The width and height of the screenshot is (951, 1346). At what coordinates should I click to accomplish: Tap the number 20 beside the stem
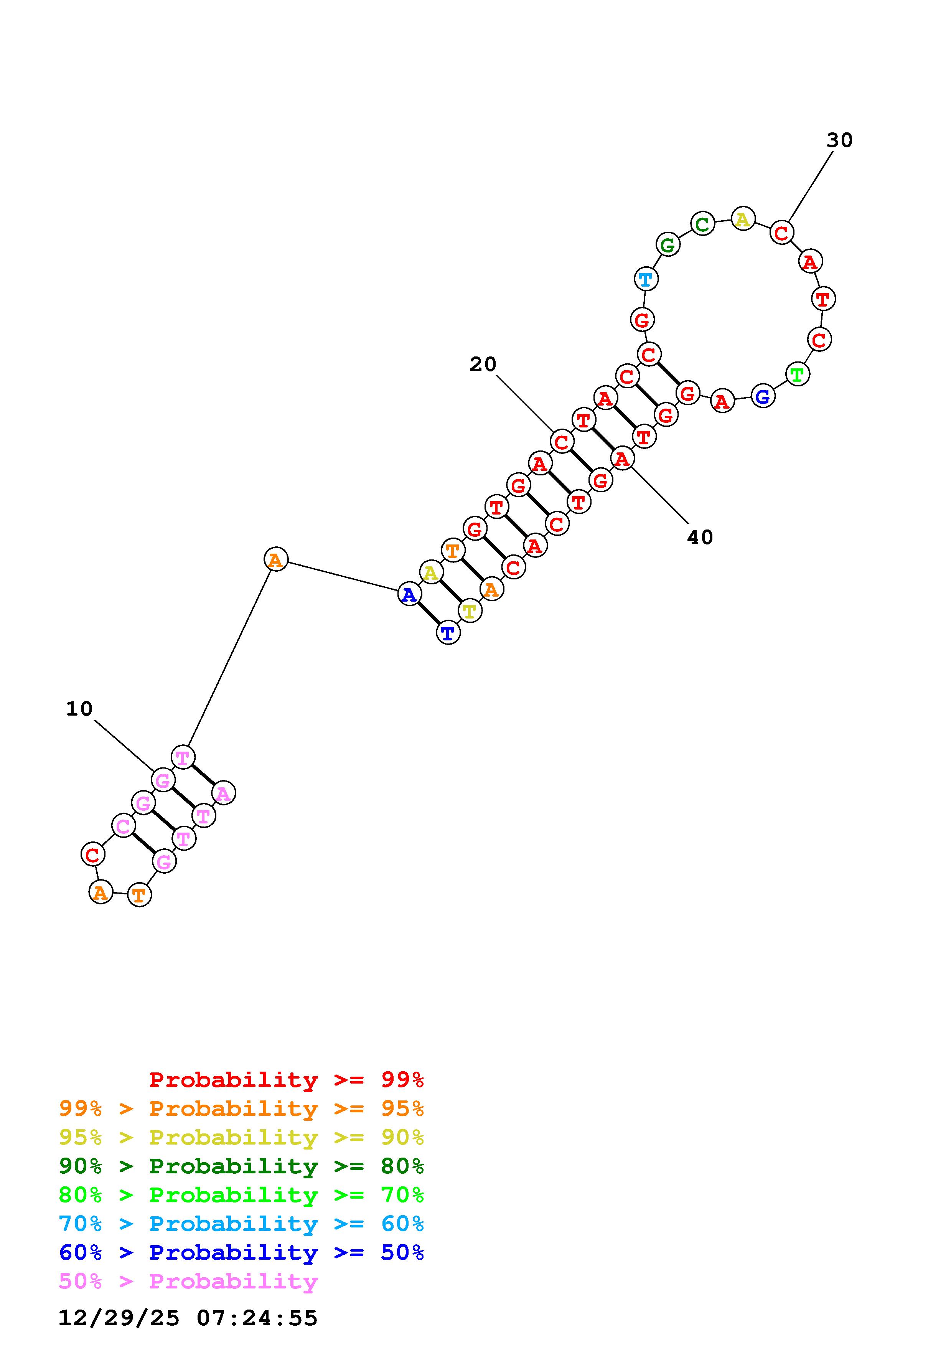(x=483, y=364)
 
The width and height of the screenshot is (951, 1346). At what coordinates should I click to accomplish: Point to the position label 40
(x=700, y=537)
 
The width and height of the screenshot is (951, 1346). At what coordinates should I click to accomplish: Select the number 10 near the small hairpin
(x=79, y=709)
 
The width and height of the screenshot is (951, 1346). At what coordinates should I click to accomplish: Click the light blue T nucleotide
(x=646, y=279)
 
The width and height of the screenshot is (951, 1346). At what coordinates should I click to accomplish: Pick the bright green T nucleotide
(x=797, y=374)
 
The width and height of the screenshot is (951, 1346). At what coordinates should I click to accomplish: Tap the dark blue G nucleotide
(x=763, y=397)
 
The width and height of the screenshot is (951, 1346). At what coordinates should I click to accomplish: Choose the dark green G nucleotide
(x=668, y=245)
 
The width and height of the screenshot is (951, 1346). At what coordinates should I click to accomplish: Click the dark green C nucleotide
(x=702, y=223)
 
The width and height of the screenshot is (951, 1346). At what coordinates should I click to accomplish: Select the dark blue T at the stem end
(x=448, y=633)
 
